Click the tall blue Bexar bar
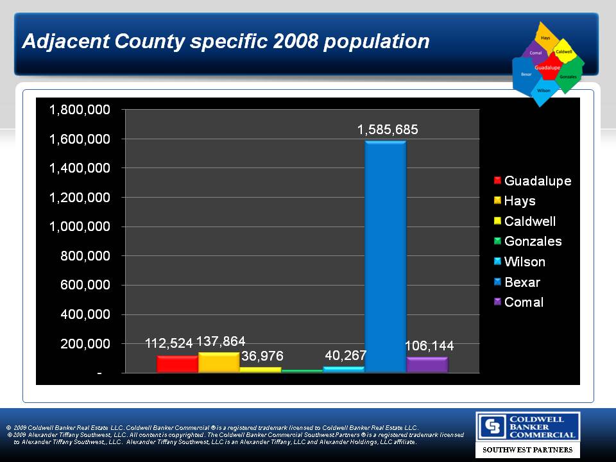click(385, 257)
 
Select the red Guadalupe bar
click(177, 364)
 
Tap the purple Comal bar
click(427, 365)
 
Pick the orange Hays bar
click(219, 363)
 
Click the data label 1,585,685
click(388, 130)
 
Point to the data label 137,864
click(221, 341)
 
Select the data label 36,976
click(262, 355)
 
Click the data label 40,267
click(345, 355)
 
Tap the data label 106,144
click(429, 346)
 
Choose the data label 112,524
click(169, 344)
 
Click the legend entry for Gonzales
click(533, 241)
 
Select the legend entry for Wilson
click(524, 262)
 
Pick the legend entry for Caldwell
click(529, 221)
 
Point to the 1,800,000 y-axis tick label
click(80, 110)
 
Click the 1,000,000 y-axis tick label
click(80, 227)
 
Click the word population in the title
click(377, 42)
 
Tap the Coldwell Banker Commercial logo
click(527, 427)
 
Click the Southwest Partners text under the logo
click(527, 450)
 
